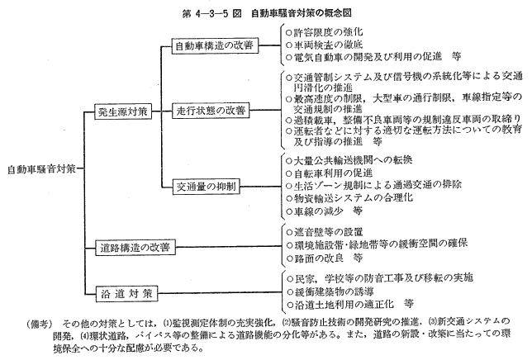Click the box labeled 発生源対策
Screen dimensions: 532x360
pyautogui.click(x=123, y=111)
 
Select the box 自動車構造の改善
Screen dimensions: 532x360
pyautogui.click(x=215, y=45)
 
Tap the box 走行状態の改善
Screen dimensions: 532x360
pyautogui.click(x=211, y=110)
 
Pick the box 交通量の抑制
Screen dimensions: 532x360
pyautogui.click(x=206, y=186)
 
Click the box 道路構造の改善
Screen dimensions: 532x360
pyautogui.click(x=135, y=247)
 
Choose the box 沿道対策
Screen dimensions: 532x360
pyautogui.click(x=126, y=293)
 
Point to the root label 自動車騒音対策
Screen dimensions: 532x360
pyautogui.click(x=41, y=168)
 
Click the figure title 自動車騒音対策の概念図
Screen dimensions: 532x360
pyautogui.click(x=302, y=13)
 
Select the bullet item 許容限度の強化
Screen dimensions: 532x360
pyautogui.click(x=325, y=32)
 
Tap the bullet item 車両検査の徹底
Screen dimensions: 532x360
pyautogui.click(x=325, y=45)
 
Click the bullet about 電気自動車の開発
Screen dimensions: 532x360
pyautogui.click(x=373, y=57)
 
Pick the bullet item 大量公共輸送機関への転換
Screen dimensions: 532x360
pyautogui.click(x=349, y=159)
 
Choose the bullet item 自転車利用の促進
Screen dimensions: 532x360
pyautogui.click(x=330, y=173)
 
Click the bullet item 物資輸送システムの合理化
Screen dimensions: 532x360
pyautogui.click(x=349, y=197)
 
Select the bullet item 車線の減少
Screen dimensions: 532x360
pyautogui.click(x=325, y=211)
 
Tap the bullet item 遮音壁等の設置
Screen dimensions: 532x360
pyautogui.click(x=325, y=232)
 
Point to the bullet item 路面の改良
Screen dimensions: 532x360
pyautogui.click(x=325, y=258)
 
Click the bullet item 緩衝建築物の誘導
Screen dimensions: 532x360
pyautogui.click(x=330, y=291)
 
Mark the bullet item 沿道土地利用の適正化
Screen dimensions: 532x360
pyautogui.click(x=349, y=304)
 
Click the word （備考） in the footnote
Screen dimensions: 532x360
pyautogui.click(x=40, y=324)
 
